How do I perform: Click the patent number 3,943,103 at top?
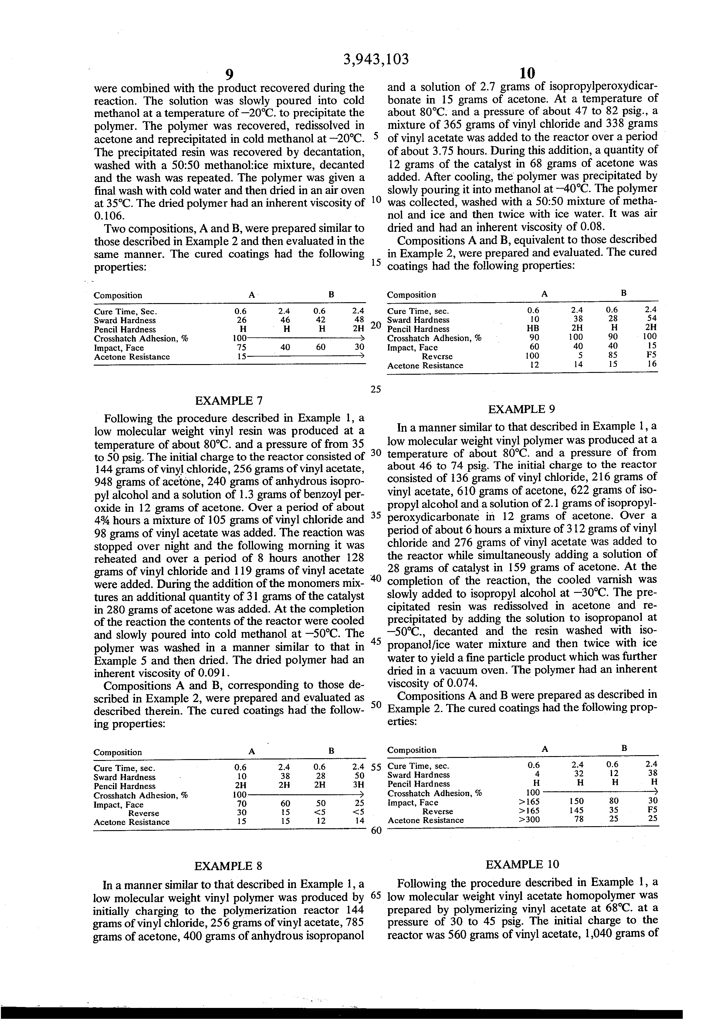pos(376,59)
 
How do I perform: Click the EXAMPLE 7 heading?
pos(229,401)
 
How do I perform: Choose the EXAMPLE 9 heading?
pos(522,409)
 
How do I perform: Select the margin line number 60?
pos(376,831)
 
